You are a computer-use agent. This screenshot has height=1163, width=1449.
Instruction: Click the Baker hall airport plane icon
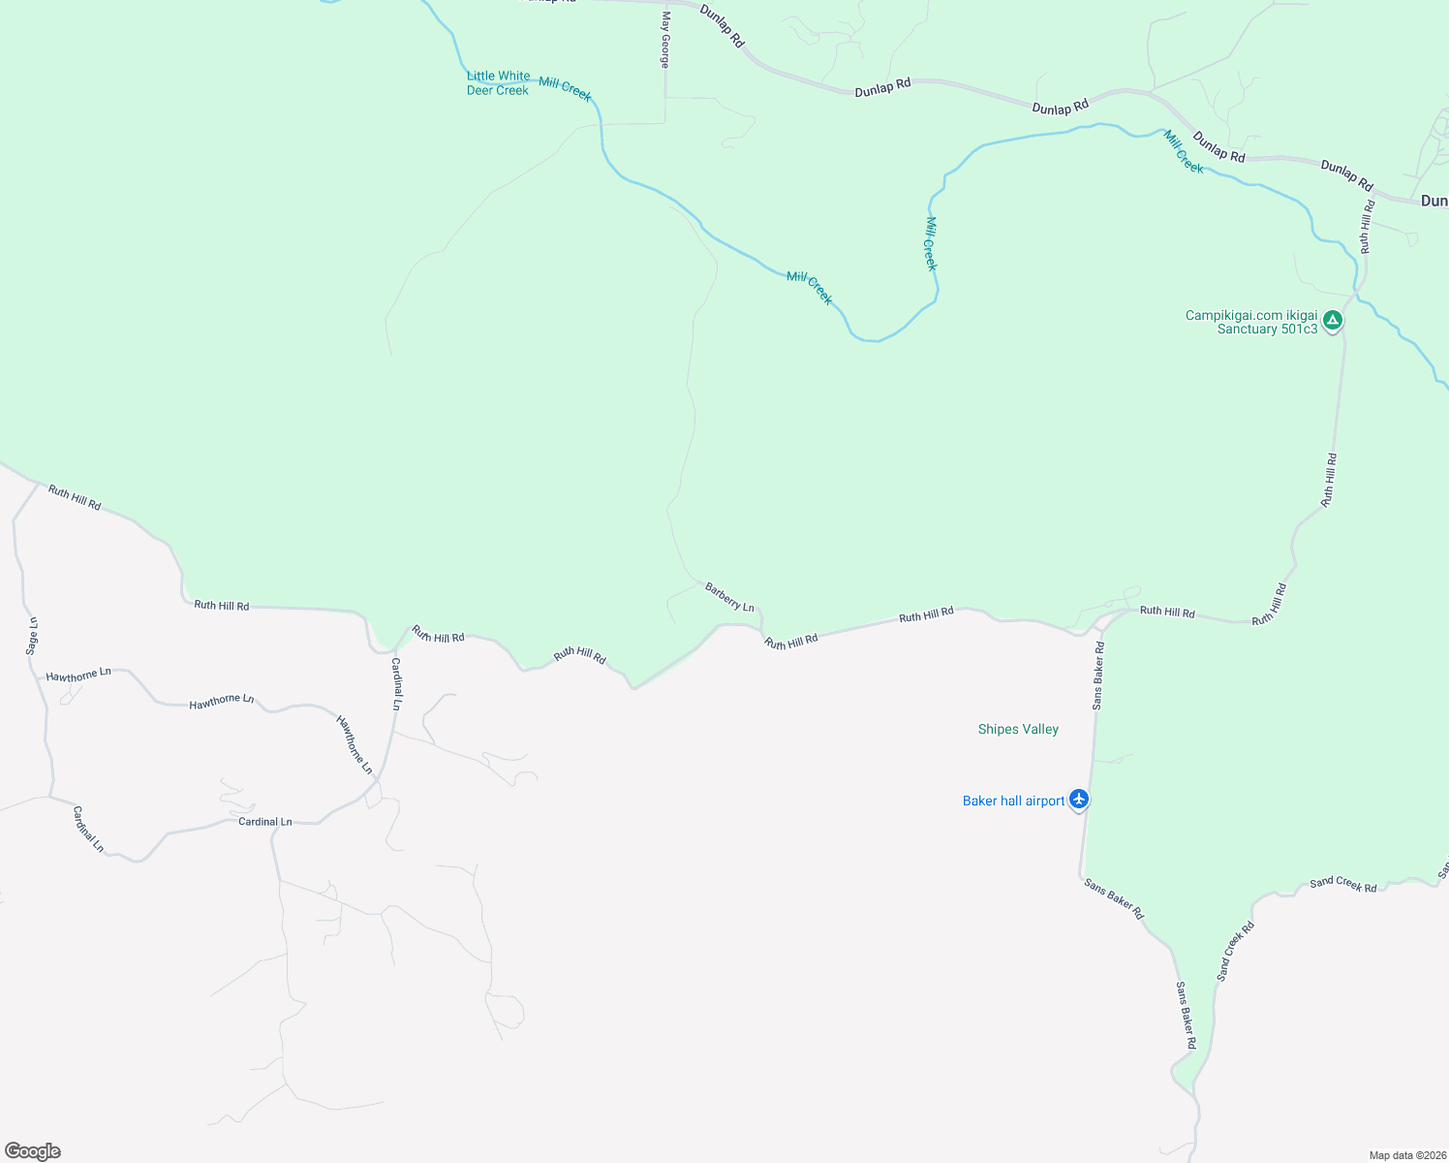pyautogui.click(x=1079, y=800)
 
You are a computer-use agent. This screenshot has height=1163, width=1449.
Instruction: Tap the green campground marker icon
pyautogui.click(x=1333, y=320)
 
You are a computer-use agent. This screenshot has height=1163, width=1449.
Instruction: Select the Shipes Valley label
pyautogui.click(x=1018, y=730)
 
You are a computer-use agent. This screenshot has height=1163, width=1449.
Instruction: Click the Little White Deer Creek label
pyautogui.click(x=498, y=83)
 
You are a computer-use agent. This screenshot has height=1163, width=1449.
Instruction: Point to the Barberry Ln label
pyautogui.click(x=729, y=597)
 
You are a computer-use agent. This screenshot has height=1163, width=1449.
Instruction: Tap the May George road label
pyautogui.click(x=665, y=40)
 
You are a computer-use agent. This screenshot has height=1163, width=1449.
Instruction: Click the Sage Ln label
pyautogui.click(x=32, y=636)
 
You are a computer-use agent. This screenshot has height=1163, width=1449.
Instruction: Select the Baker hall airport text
pyautogui.click(x=1013, y=801)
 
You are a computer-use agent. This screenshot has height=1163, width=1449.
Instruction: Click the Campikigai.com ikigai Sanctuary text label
pyautogui.click(x=1251, y=323)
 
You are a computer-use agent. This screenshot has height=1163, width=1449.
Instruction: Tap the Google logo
pyautogui.click(x=32, y=1151)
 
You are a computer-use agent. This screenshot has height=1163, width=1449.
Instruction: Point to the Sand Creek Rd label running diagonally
pyautogui.click(x=1235, y=951)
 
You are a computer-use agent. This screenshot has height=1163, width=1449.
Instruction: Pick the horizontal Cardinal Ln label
pyautogui.click(x=264, y=822)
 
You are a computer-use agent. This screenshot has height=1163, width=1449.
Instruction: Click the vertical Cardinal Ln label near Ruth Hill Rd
pyautogui.click(x=396, y=684)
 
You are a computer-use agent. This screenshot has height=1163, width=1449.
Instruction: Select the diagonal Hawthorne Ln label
pyautogui.click(x=354, y=744)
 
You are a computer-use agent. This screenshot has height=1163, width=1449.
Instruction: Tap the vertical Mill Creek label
pyautogui.click(x=931, y=243)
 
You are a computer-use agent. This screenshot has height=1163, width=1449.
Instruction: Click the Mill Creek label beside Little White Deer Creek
pyautogui.click(x=565, y=89)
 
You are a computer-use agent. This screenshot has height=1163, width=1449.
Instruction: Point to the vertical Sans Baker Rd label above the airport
pyautogui.click(x=1098, y=675)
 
